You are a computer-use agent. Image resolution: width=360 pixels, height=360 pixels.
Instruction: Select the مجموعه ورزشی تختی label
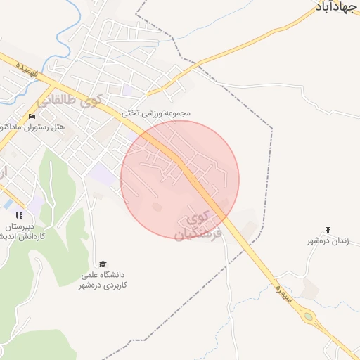pyautogui.click(x=156, y=112)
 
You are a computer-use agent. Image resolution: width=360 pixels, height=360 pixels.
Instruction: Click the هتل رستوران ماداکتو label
pyautogui.click(x=42, y=127)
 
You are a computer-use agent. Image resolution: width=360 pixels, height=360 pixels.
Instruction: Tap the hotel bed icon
pyautogui.click(x=32, y=116)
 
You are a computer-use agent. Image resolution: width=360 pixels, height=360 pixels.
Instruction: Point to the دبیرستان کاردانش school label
pyautogui.click(x=24, y=232)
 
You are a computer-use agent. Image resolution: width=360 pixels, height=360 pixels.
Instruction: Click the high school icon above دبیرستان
pyautogui.click(x=19, y=215)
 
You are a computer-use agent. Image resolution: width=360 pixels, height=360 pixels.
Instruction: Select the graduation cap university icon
pyautogui.click(x=103, y=264)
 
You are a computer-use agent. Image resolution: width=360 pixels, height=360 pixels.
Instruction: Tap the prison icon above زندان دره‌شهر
pyautogui.click(x=328, y=230)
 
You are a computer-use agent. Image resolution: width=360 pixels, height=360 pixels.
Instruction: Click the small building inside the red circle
pyautogui.click(x=156, y=207)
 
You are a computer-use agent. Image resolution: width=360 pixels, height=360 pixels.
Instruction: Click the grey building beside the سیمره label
pyautogui.click(x=308, y=288)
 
